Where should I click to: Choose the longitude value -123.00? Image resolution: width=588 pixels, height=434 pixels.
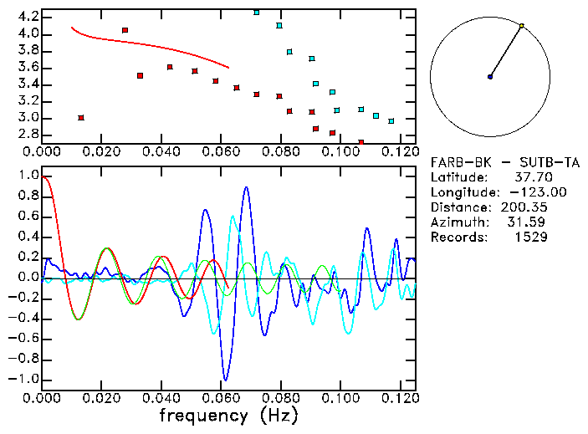[527, 192]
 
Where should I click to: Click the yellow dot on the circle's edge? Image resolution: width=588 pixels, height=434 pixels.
[521, 26]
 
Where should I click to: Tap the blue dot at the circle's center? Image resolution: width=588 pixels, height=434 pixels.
[490, 77]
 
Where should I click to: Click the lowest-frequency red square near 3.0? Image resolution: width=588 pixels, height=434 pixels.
[81, 118]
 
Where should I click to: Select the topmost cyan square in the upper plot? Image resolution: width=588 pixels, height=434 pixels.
[257, 13]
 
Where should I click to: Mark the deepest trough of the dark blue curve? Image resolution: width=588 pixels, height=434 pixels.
[224, 380]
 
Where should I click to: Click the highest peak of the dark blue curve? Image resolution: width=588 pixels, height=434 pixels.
[246, 187]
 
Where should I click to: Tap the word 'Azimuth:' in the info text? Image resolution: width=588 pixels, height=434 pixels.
[458, 222]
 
